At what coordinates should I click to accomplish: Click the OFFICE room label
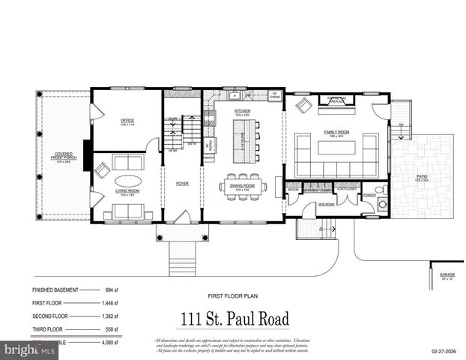pyautogui.click(x=126, y=120)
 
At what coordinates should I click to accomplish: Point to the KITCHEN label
pyautogui.click(x=242, y=111)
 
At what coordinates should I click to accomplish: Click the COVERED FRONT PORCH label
pyautogui.click(x=62, y=157)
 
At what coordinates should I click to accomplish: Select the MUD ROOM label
pyautogui.click(x=326, y=203)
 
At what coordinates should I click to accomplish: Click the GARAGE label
pyautogui.click(x=447, y=275)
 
